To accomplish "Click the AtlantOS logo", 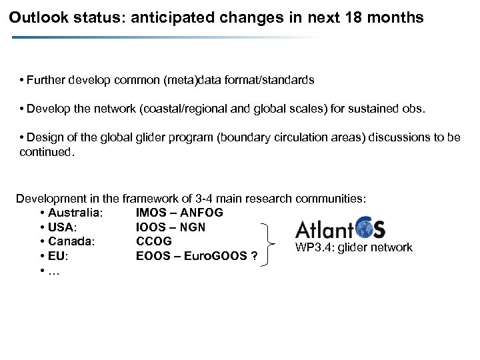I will (x=340, y=229).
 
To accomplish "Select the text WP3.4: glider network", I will (x=355, y=248).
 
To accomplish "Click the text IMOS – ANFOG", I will (x=179, y=213).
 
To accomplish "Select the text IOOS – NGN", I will (x=170, y=227).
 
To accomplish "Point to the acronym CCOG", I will (x=153, y=241).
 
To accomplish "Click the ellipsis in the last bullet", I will (x=52, y=269).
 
